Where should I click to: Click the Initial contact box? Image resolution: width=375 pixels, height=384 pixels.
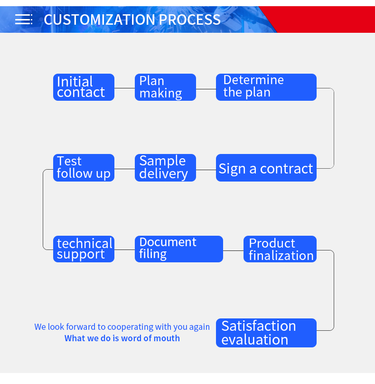pyautogui.click(x=84, y=87)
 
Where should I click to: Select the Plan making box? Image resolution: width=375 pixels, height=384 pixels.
pyautogui.click(x=165, y=87)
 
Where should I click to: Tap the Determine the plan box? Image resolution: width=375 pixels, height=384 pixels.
pyautogui.click(x=266, y=87)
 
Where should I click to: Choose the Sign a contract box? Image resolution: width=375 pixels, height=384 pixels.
pyautogui.click(x=266, y=168)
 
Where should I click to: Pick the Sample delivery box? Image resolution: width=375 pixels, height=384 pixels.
pyautogui.click(x=165, y=168)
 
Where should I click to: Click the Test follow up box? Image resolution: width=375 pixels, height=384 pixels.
pyautogui.click(x=84, y=168)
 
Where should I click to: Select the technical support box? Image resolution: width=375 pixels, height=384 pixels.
pyautogui.click(x=84, y=249)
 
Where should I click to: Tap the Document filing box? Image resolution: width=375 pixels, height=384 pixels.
pyautogui.click(x=179, y=249)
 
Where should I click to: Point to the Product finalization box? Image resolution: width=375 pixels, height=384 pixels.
pyautogui.click(x=280, y=249)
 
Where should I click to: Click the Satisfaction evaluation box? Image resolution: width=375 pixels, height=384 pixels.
pyautogui.click(x=266, y=333)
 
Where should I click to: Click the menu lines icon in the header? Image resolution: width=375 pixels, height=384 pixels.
pyautogui.click(x=24, y=19)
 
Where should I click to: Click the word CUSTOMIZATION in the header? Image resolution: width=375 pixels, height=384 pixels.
pyautogui.click(x=99, y=19)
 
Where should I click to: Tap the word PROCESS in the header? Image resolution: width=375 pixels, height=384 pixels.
pyautogui.click(x=190, y=19)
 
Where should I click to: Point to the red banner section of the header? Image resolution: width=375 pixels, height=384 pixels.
pyautogui.click(x=323, y=19)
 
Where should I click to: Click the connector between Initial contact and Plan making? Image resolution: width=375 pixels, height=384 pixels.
pyautogui.click(x=124, y=88)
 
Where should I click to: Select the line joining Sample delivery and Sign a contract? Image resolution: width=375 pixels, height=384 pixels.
pyautogui.click(x=206, y=170)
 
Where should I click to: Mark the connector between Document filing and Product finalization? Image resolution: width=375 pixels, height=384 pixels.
pyautogui.click(x=234, y=250)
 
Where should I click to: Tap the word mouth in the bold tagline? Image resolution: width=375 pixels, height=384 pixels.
pyautogui.click(x=169, y=338)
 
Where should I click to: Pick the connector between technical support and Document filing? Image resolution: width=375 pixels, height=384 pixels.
pyautogui.click(x=124, y=250)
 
